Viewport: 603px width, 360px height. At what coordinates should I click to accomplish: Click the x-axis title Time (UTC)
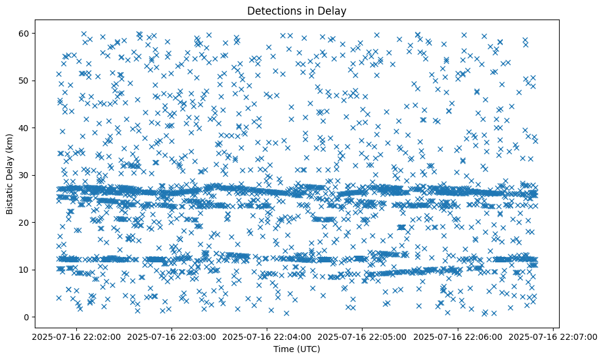tap(296, 349)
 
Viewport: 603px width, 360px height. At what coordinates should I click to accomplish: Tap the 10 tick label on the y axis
tap(25, 270)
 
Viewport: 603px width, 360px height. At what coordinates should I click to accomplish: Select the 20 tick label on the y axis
tap(25, 222)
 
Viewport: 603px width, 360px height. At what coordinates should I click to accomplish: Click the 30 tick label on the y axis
tap(25, 175)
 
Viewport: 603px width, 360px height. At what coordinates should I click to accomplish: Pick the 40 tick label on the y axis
tap(25, 128)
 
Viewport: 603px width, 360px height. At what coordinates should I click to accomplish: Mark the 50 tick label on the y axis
tap(25, 81)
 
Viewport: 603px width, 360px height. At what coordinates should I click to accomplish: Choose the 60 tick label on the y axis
tap(25, 33)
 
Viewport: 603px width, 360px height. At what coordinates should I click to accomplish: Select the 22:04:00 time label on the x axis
tap(265, 336)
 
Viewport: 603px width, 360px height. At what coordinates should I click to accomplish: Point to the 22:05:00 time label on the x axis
tap(361, 336)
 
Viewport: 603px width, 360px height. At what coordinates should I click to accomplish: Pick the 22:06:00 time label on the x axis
tap(457, 336)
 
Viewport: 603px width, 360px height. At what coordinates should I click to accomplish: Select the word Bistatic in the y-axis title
tap(10, 196)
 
